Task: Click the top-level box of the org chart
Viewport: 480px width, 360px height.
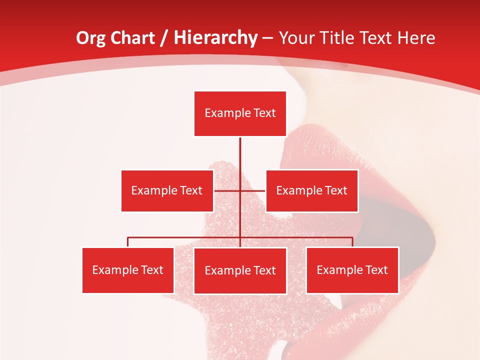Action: coord(240,113)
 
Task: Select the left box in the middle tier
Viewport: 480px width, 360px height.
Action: coord(167,190)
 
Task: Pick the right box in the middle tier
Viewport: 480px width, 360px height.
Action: coord(311,190)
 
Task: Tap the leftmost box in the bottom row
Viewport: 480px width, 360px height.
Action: coord(128,270)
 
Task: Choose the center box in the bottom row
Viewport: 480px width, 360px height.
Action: coord(240,270)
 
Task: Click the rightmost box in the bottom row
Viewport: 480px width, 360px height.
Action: coord(352,270)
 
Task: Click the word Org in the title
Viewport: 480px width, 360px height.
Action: coord(90,38)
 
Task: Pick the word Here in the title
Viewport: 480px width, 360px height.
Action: coord(416,38)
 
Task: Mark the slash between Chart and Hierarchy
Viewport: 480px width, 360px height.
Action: coord(164,38)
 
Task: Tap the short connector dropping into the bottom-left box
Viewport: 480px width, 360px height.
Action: coord(128,242)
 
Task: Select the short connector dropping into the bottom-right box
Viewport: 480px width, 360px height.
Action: coord(352,242)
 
